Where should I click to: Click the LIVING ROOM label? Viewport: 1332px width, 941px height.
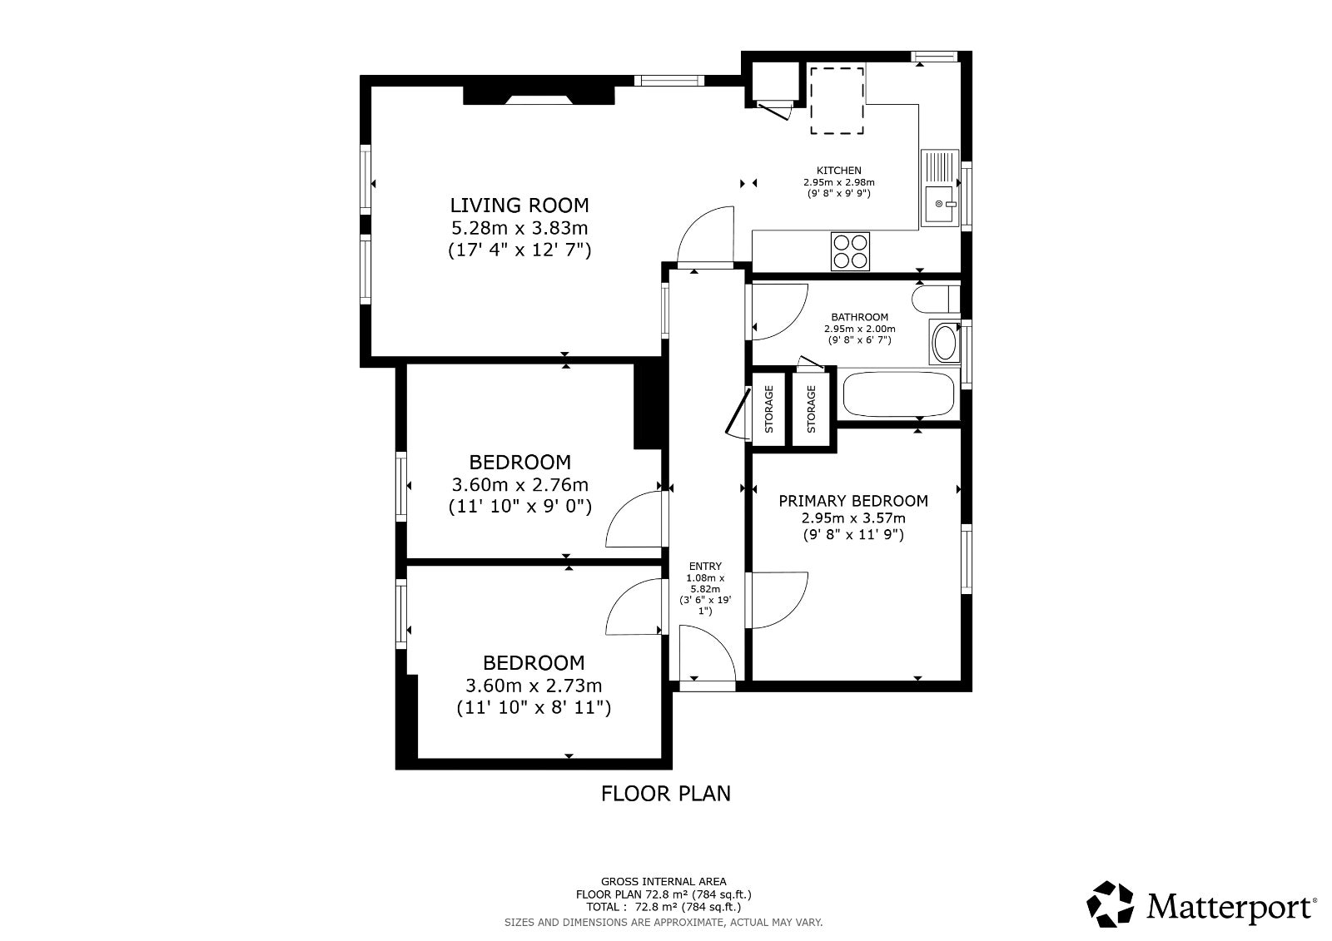pyautogui.click(x=519, y=205)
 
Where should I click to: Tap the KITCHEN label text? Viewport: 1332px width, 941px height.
pyautogui.click(x=838, y=171)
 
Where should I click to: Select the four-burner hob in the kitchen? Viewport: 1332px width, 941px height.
pyautogui.click(x=850, y=251)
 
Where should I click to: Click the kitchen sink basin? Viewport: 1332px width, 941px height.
pyautogui.click(x=940, y=204)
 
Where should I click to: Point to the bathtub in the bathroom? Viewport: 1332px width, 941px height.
pyautogui.click(x=898, y=394)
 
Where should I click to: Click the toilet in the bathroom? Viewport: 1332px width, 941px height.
pyautogui.click(x=936, y=299)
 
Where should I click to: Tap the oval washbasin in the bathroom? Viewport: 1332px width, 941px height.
pyautogui.click(x=944, y=343)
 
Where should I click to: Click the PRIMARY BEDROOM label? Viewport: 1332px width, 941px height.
pyautogui.click(x=853, y=501)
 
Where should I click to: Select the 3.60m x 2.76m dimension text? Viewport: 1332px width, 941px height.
pyautogui.click(x=519, y=484)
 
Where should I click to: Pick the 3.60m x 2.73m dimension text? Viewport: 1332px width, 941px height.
pyautogui.click(x=534, y=686)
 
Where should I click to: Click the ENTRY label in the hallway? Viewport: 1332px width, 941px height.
pyautogui.click(x=705, y=567)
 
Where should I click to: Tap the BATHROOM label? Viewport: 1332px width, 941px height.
pyautogui.click(x=860, y=318)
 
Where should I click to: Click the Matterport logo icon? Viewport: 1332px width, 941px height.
pyautogui.click(x=1110, y=904)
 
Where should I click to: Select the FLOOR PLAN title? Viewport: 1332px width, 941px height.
pyautogui.click(x=665, y=794)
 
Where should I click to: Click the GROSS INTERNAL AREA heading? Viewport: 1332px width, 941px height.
pyautogui.click(x=664, y=882)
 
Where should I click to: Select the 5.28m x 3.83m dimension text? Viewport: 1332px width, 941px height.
pyautogui.click(x=519, y=228)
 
